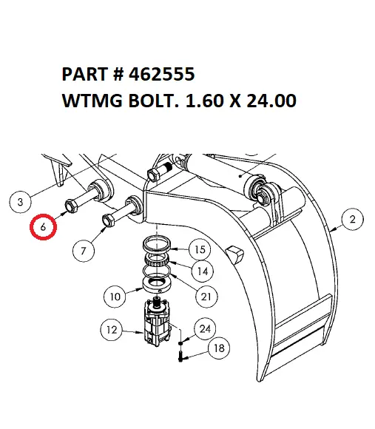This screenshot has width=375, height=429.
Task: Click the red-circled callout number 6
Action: pos(43,227)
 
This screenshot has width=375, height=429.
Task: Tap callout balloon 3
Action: pos(20,202)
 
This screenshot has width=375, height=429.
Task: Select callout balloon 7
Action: pos(84,251)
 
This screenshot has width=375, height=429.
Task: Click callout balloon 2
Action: pos(353,219)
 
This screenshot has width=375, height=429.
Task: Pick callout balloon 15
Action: pos(200,249)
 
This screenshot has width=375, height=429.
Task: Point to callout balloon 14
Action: pos(203,271)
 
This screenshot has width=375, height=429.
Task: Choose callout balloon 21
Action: pos(206,297)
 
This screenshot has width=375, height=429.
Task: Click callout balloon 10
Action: pos(115,297)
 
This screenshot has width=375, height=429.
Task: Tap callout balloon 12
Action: pos(112,330)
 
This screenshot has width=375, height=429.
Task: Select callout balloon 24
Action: pos(205,328)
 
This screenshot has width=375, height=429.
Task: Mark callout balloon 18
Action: pos(219,348)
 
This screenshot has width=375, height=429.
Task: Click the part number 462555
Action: pos(162,74)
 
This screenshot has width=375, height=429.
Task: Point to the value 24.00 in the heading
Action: pos(271,100)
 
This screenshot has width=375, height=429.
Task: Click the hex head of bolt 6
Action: pos(71,206)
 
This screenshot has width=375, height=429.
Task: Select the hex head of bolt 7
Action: pos(109,220)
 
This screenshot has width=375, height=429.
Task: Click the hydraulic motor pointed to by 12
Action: pos(158,322)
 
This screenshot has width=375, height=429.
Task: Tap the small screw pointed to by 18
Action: pos(180,357)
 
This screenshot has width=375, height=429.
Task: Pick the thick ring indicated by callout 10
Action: pos(157,286)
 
